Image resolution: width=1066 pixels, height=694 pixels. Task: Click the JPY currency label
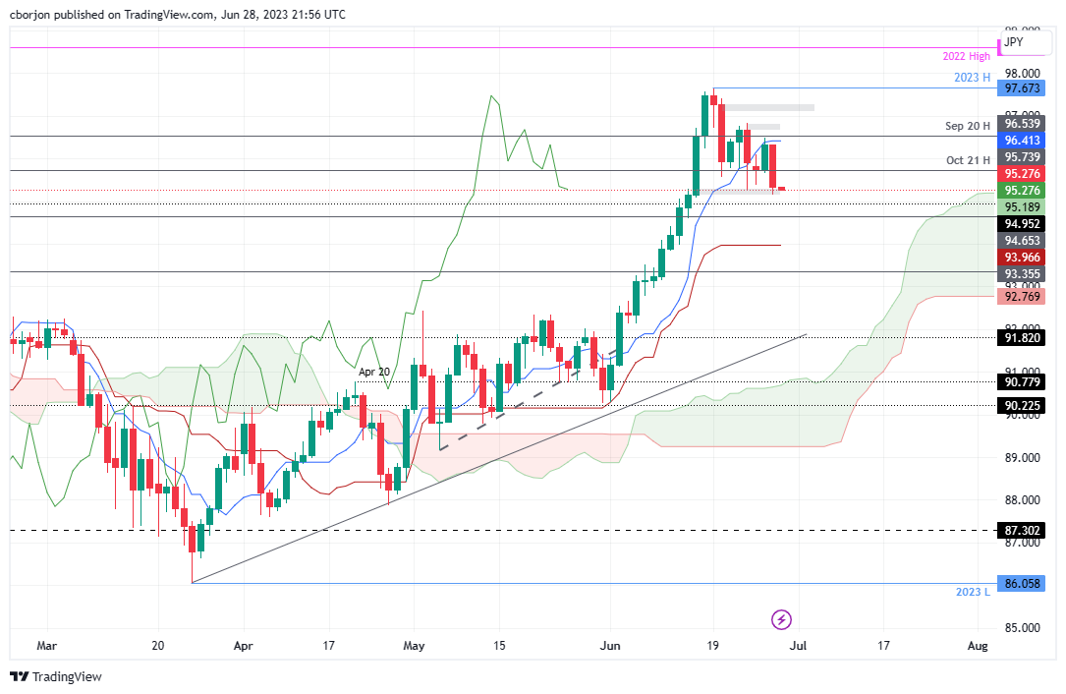click(x=1014, y=42)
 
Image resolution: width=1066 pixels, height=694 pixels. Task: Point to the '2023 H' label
click(x=973, y=78)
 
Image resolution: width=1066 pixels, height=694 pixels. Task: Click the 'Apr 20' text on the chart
click(x=372, y=373)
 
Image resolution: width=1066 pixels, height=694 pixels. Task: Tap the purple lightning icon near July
click(x=781, y=619)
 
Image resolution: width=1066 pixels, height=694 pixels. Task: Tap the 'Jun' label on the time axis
click(x=610, y=646)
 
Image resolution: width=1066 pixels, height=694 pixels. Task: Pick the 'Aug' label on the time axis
click(x=977, y=646)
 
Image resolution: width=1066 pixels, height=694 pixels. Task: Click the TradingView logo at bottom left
click(x=56, y=676)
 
